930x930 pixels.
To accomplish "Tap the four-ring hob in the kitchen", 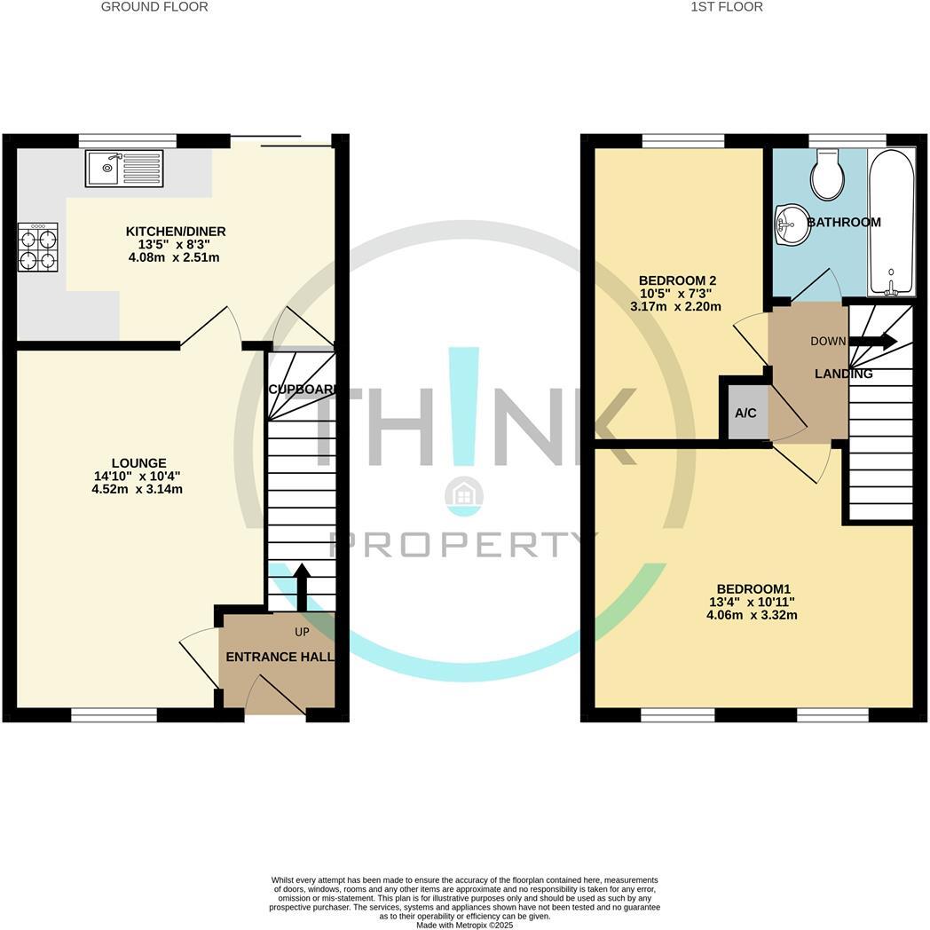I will pos(37,248).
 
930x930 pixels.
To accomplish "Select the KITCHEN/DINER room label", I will pos(175,232).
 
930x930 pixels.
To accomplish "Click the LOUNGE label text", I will pos(138,463).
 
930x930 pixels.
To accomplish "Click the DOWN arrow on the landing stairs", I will pos(873,342).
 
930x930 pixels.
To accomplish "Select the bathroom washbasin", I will pos(790,224).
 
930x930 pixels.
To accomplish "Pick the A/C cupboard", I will pos(745,414).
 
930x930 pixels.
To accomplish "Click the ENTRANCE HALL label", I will pos(280,658).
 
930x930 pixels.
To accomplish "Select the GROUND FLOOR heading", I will pos(154,7).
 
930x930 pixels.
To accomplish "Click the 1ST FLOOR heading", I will pos(726,7).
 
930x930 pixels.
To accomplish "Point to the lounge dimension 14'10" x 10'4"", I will pos(138,477).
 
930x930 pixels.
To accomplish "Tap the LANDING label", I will pos(843,374).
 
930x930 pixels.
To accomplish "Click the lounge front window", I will pos(114,714).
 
